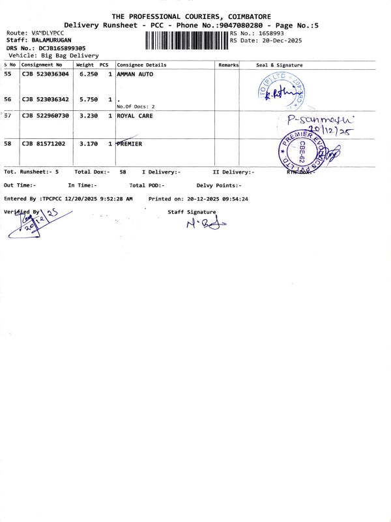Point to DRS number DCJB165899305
click(x=61, y=48)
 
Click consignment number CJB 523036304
click(x=45, y=74)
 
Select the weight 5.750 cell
click(x=88, y=99)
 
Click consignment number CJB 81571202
click(x=43, y=144)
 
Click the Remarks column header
click(x=229, y=65)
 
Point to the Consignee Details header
click(x=141, y=65)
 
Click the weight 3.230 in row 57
click(x=88, y=115)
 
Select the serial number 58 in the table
click(x=8, y=144)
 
